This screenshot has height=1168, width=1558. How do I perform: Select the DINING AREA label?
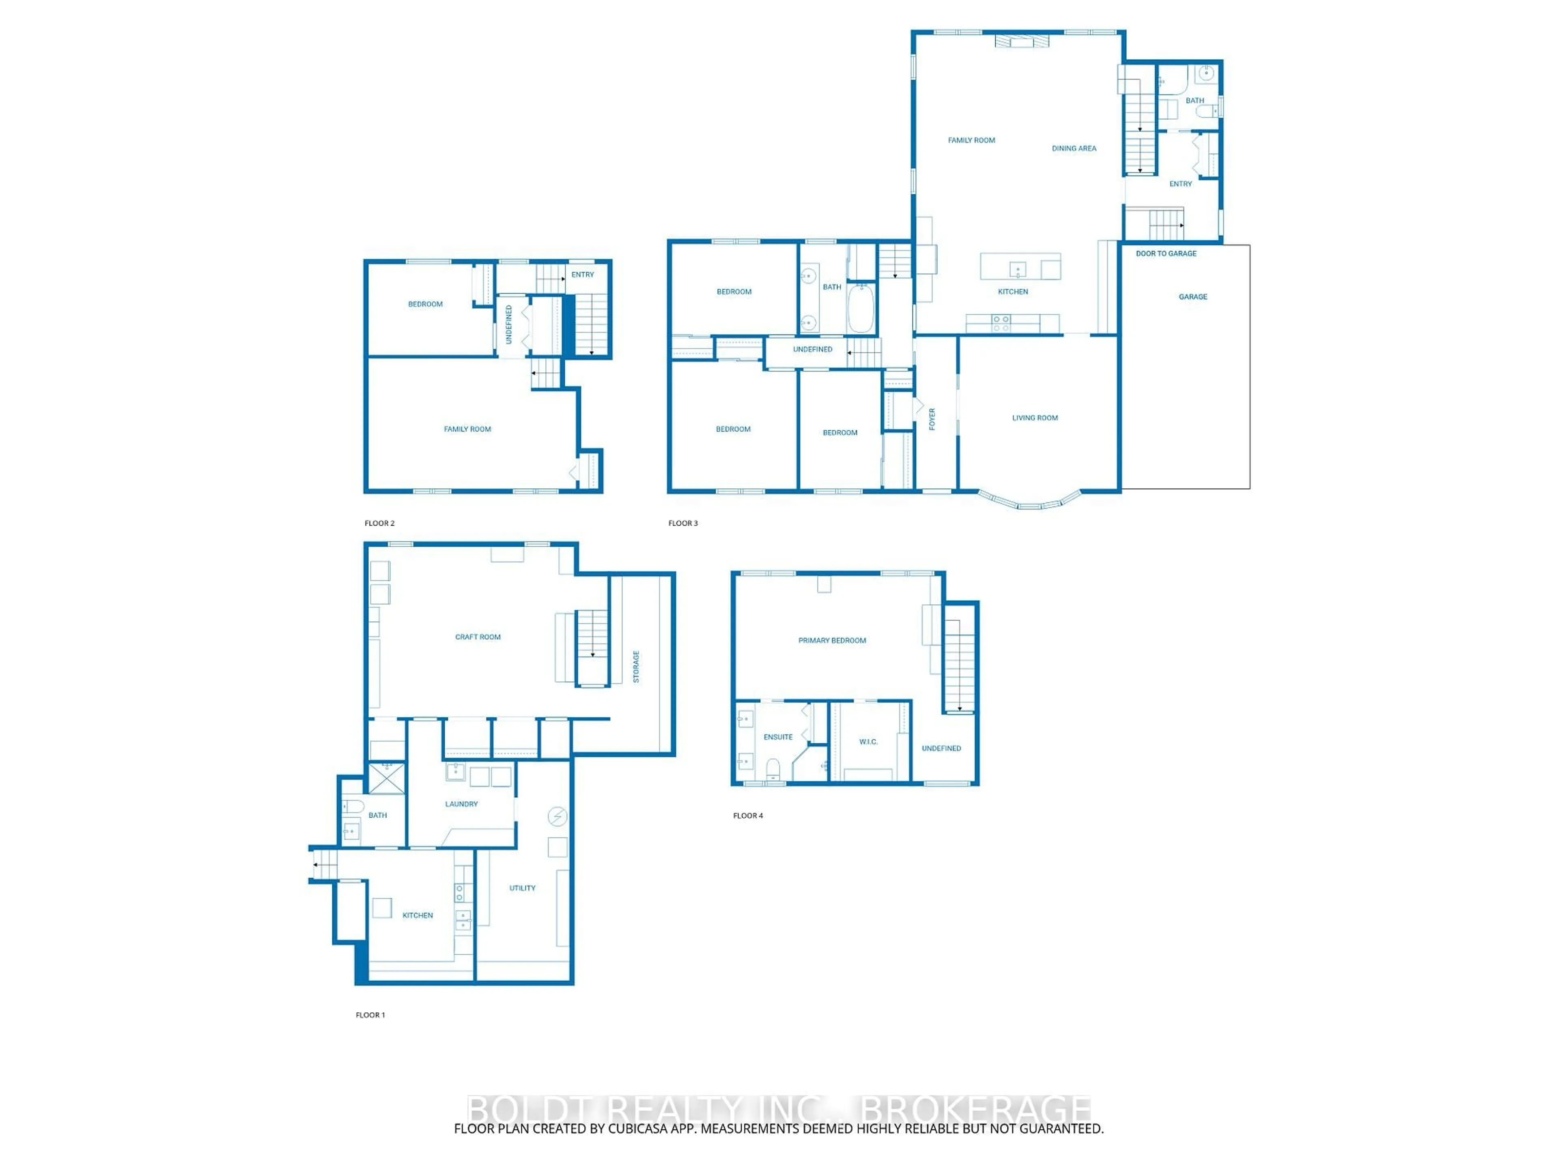tap(1074, 148)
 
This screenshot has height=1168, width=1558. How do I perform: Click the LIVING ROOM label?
tap(1035, 417)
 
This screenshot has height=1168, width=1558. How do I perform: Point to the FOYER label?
tap(932, 419)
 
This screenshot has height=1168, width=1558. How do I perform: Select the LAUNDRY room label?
tap(461, 803)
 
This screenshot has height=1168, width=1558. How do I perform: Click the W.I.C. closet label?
tap(868, 741)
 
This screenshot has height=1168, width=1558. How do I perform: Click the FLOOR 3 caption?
tap(682, 523)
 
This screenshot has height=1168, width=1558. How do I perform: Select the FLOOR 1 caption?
tap(370, 1015)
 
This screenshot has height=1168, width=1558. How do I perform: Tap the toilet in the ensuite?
tap(773, 767)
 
